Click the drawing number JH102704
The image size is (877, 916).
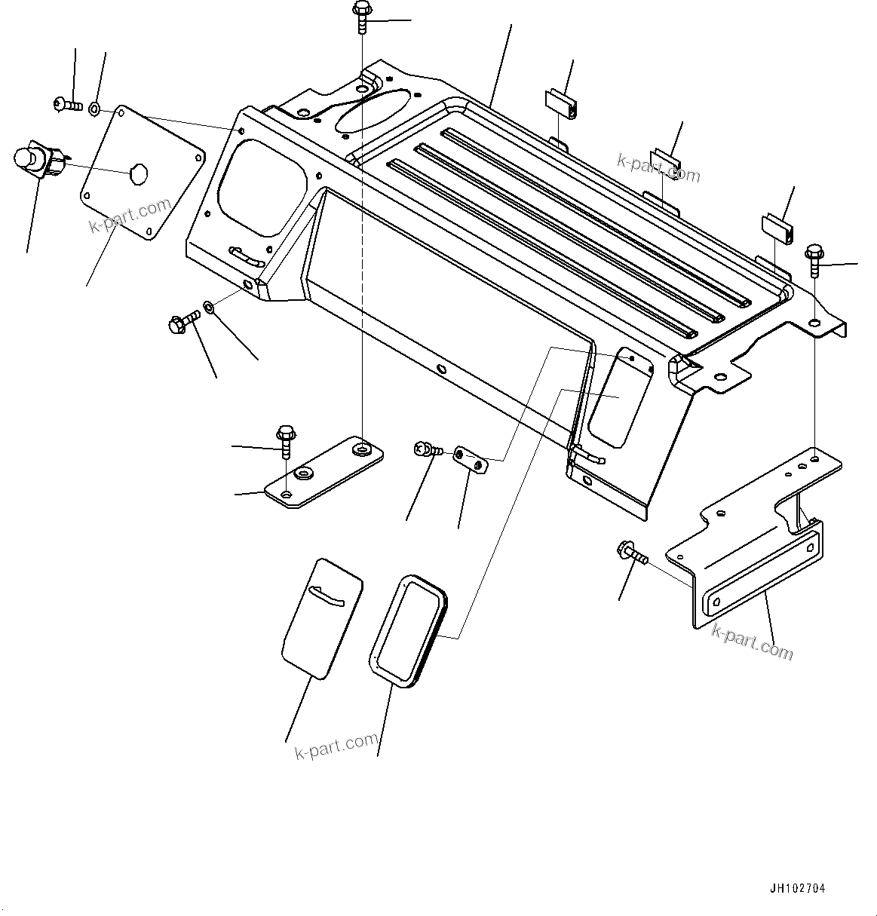(797, 889)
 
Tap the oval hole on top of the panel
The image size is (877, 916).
(374, 110)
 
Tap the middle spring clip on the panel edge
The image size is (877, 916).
(667, 161)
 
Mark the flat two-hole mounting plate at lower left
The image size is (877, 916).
(324, 472)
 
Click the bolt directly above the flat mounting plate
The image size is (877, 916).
(285, 440)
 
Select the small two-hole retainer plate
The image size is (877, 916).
(471, 460)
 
